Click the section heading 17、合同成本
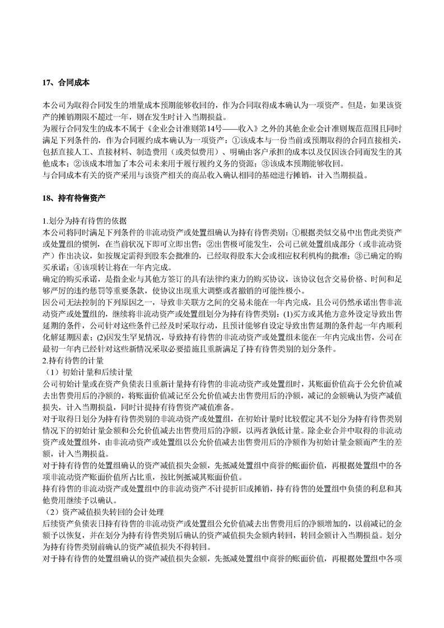[x=66, y=83]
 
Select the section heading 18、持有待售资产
[x=74, y=198]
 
